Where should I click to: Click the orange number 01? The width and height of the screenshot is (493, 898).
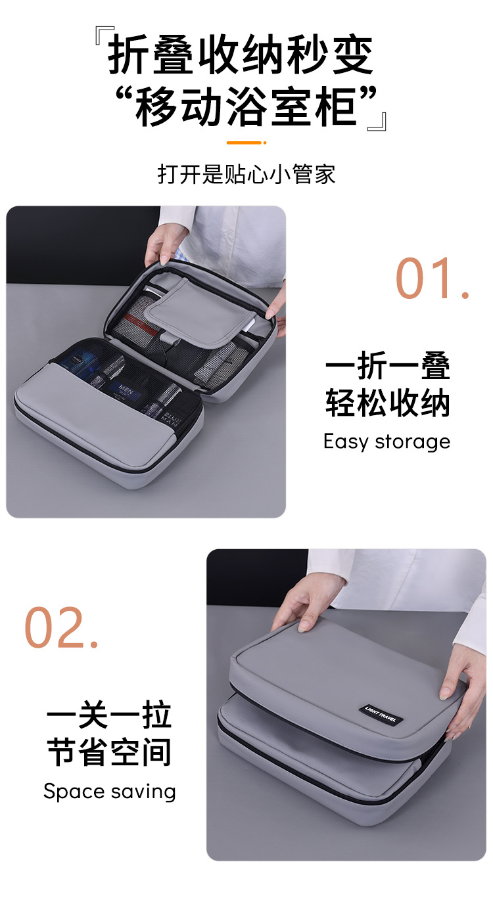(x=433, y=279)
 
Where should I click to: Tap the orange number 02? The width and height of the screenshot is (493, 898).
(x=61, y=627)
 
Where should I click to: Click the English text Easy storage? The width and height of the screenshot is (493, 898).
(x=387, y=441)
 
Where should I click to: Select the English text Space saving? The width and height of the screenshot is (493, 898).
(x=110, y=792)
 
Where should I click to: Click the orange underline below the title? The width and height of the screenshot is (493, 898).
(x=246, y=143)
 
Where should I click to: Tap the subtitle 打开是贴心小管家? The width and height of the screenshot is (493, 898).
(x=246, y=174)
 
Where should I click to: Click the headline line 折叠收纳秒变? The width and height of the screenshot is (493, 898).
(x=241, y=54)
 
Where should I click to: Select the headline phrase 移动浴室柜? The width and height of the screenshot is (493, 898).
(x=246, y=107)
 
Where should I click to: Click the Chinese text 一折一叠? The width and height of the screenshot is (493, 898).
(x=388, y=366)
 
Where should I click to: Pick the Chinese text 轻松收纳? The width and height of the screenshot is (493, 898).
(x=388, y=403)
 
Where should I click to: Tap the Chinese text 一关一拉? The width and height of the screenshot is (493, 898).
(x=109, y=715)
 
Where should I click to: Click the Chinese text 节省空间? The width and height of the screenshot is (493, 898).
(x=109, y=752)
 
